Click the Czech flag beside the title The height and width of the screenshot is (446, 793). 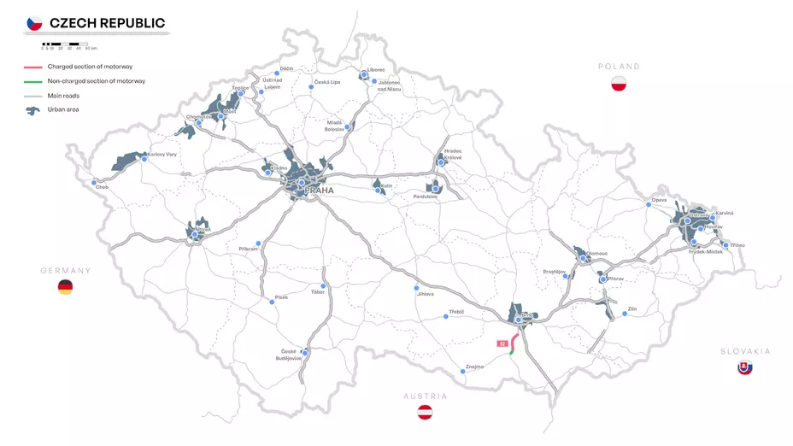pos(34,23)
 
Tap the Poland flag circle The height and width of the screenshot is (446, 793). pos(619,84)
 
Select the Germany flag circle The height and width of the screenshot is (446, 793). pos(65,287)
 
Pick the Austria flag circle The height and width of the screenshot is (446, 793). pos(425,413)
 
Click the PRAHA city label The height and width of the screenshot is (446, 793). pos(319,191)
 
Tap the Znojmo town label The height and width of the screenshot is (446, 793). pos(474,367)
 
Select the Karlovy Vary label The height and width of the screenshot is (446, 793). pos(162,155)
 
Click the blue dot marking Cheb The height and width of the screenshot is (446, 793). pos(94,182)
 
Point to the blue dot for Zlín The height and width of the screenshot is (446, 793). pos(626,314)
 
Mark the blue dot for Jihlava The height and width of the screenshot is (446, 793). pos(416,287)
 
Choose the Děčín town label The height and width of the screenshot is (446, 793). pos(287,67)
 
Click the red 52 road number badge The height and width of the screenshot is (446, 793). pos(503,343)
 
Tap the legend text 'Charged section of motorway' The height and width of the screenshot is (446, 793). pos(90,67)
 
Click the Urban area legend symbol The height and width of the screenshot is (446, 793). pos(34,109)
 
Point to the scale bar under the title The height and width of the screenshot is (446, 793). pos(65,43)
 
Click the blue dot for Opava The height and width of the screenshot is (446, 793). pos(648,205)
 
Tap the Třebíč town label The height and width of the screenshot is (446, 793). pos(456,312)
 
